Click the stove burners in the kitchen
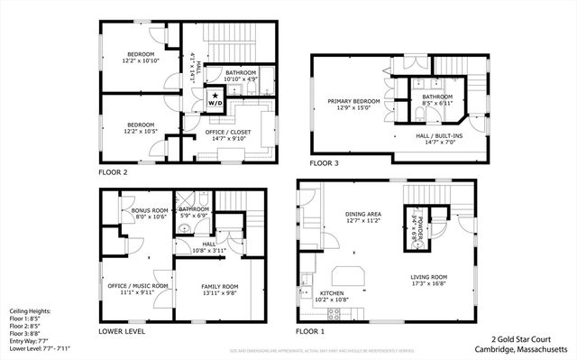333,313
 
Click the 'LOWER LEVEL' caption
122,331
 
